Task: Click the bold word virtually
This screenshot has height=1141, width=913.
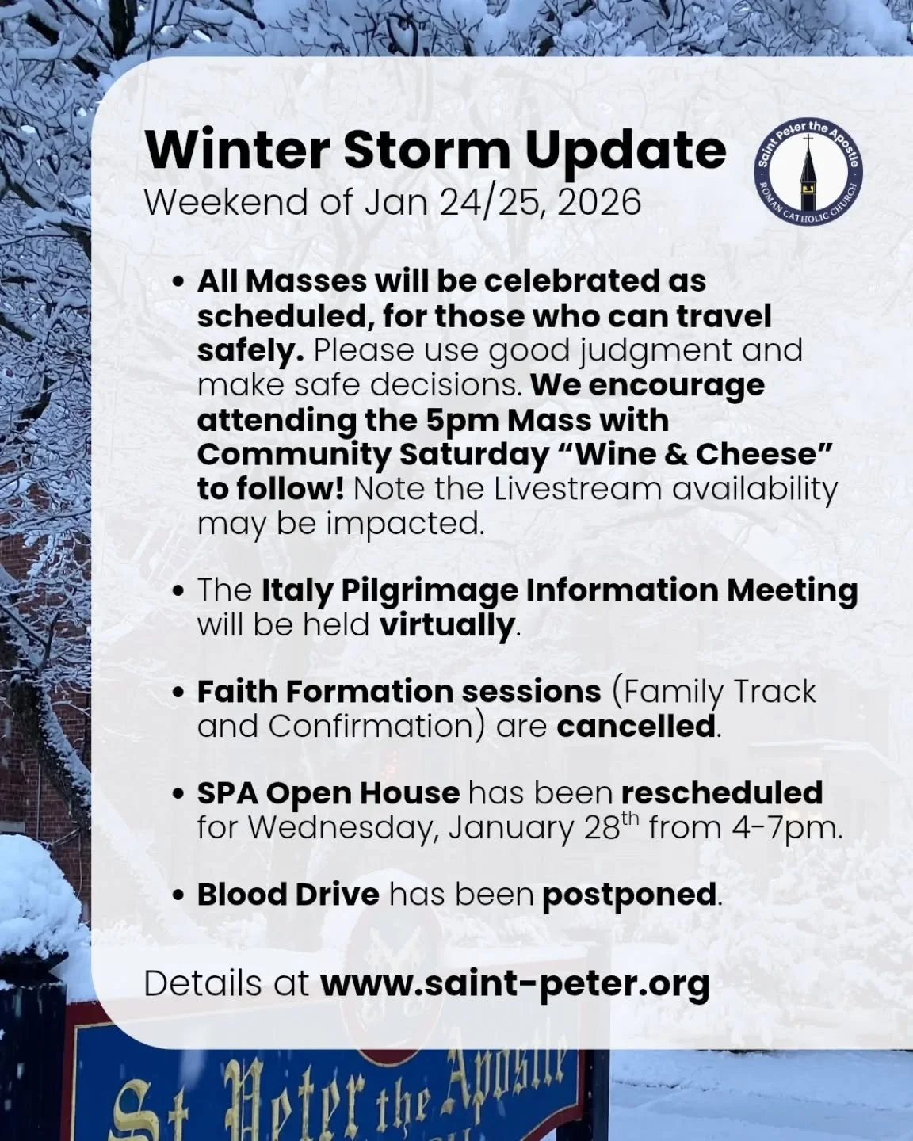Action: (447, 625)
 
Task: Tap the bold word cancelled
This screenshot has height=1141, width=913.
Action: (636, 726)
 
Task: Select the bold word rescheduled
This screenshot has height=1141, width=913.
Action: (721, 792)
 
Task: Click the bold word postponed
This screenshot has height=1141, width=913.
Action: (629, 895)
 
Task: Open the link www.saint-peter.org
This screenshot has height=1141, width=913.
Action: (514, 984)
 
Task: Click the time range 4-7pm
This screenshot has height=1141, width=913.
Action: (787, 828)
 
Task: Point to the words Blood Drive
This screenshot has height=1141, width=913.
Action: (288, 895)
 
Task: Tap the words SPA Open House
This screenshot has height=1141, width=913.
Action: (327, 792)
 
